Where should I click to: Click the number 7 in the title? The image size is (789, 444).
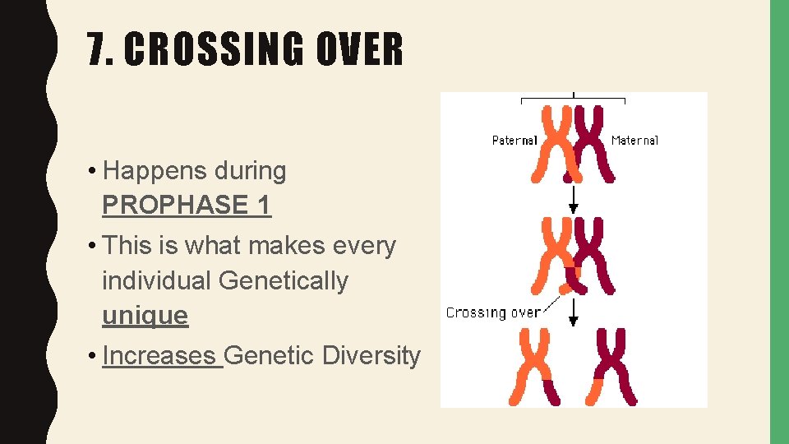click(100, 50)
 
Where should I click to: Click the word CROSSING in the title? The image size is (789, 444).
click(212, 50)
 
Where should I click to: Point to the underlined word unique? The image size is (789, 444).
click(145, 315)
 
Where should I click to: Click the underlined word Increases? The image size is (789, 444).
click(161, 355)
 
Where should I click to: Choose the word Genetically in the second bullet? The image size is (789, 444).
click(284, 280)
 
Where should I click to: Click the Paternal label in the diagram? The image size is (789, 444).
click(514, 141)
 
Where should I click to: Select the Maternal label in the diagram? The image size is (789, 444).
click(634, 141)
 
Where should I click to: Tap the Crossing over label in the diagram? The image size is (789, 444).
click(493, 312)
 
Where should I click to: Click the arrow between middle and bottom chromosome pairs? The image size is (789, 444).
click(574, 310)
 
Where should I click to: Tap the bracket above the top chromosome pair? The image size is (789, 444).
click(574, 99)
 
